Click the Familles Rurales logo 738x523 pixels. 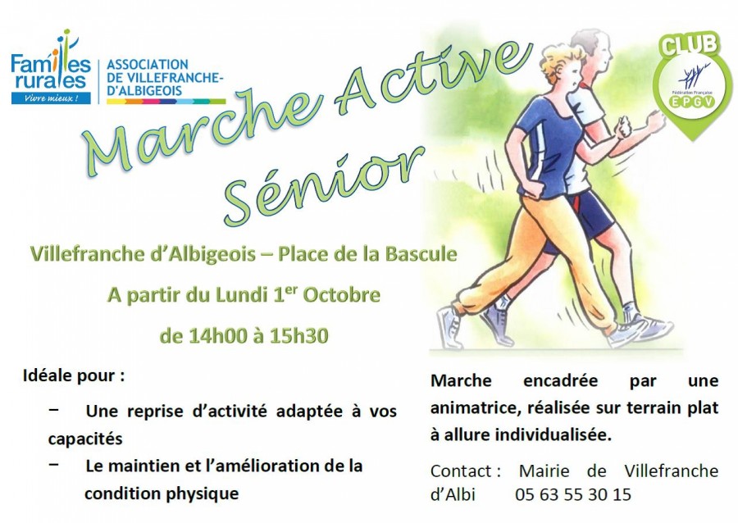click(51, 66)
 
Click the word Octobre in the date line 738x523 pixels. click(341, 295)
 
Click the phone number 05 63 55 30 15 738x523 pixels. click(573, 494)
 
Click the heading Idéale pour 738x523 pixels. click(74, 376)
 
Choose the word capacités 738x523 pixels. click(85, 439)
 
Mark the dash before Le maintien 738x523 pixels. click(53, 464)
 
